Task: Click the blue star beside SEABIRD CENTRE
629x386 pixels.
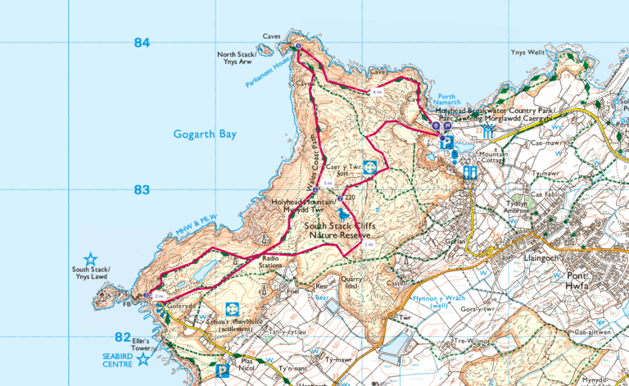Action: tap(143, 359)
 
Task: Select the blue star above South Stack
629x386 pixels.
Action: tap(90, 259)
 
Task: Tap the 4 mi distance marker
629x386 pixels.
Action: tap(377, 93)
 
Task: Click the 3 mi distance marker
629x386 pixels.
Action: tap(328, 183)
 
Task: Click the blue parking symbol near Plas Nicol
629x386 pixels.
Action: tap(221, 371)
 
